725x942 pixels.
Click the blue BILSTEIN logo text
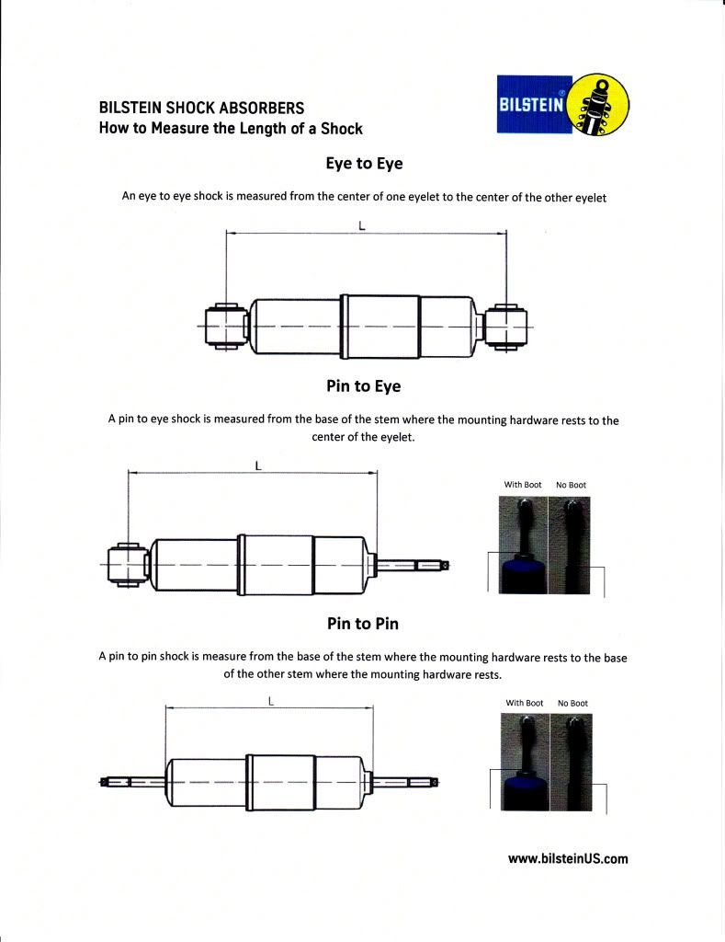click(x=532, y=104)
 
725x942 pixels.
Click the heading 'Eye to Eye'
click(x=364, y=163)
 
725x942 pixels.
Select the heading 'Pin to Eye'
click(x=364, y=386)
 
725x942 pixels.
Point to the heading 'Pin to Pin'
click(x=363, y=624)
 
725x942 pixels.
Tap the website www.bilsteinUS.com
click(x=568, y=858)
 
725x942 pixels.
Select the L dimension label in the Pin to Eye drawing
click(x=258, y=465)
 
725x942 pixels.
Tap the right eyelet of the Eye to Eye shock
click(x=504, y=327)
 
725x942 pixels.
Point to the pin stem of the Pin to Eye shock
click(x=413, y=565)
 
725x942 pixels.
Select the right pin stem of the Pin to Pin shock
click(x=405, y=781)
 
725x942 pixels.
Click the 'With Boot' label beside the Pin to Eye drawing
click(x=522, y=485)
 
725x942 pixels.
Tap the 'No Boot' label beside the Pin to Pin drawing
click(x=572, y=703)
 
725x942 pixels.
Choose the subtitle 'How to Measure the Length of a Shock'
click(x=231, y=129)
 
